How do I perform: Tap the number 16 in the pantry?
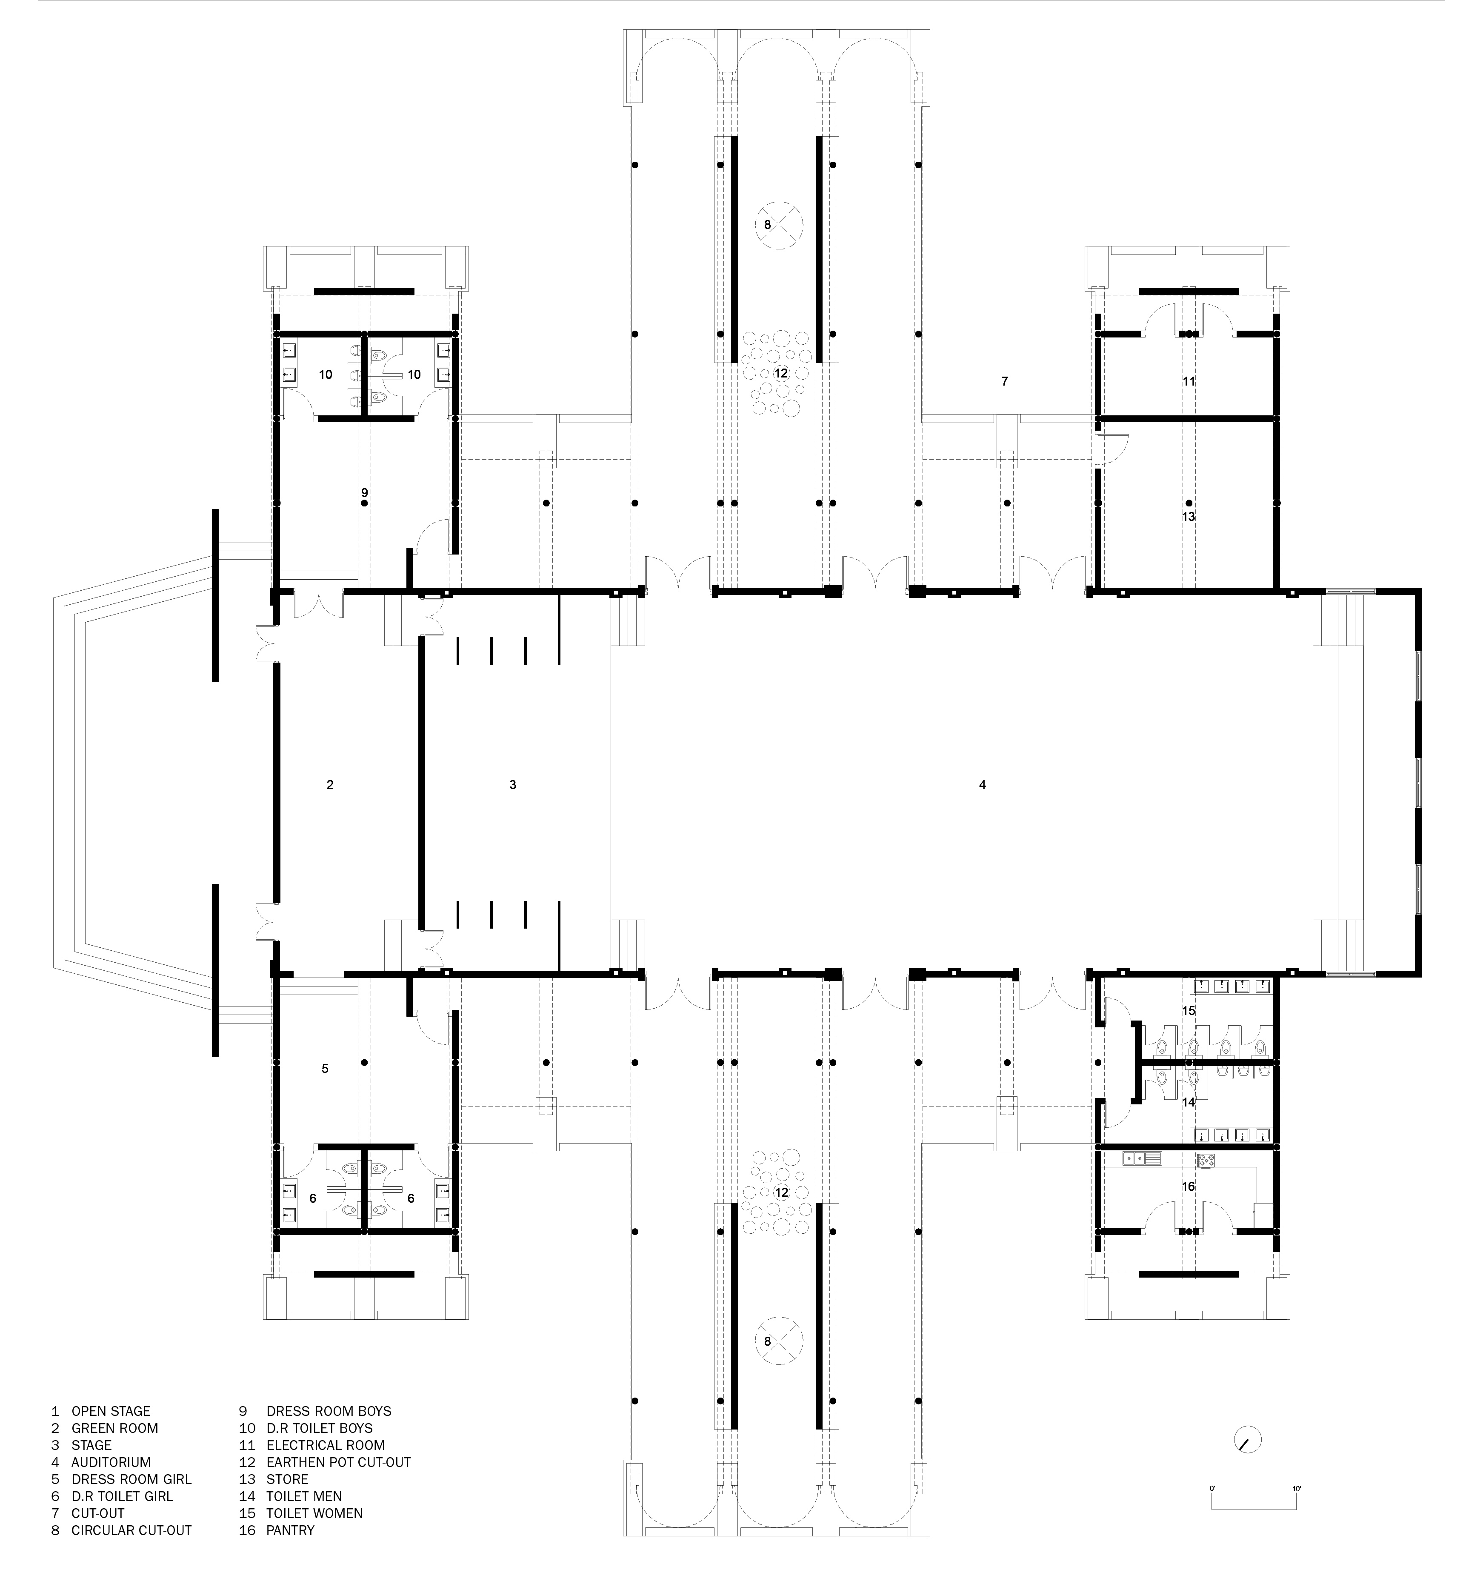[1188, 1187]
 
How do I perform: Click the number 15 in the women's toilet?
[1188, 1011]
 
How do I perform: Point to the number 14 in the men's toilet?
[1188, 1102]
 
